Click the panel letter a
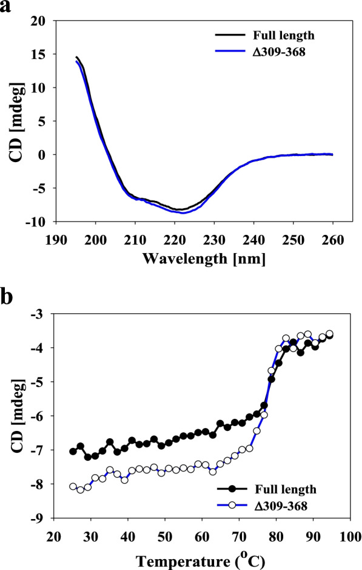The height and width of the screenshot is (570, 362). click(8, 8)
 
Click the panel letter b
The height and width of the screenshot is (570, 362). click(8, 299)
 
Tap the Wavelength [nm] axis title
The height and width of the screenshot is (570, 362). click(206, 257)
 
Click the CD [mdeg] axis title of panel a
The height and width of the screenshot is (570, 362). click(13, 121)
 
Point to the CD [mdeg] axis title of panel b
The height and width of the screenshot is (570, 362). click(13, 416)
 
